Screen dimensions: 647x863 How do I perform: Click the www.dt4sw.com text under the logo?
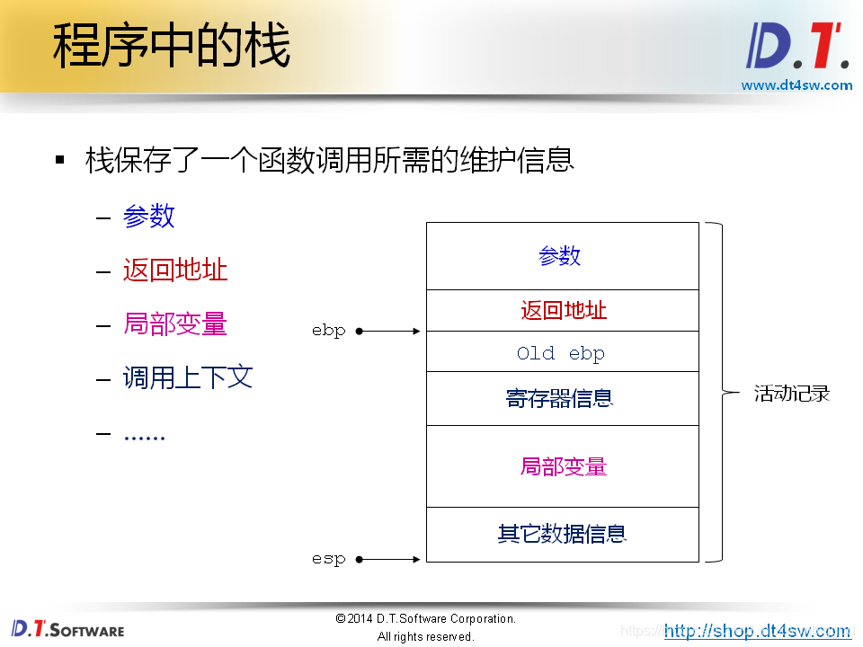coord(796,85)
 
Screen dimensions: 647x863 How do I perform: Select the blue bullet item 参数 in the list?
coord(148,217)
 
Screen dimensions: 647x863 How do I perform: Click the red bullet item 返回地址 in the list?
coord(175,270)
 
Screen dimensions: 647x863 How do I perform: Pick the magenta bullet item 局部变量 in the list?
coord(175,323)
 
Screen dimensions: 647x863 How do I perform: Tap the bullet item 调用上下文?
coord(188,377)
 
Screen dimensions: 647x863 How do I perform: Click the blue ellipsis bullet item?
coord(144,435)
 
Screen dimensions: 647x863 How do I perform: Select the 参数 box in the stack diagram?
coord(561,256)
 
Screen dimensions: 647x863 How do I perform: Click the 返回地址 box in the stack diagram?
coord(563,311)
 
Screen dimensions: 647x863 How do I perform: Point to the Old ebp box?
coord(561,352)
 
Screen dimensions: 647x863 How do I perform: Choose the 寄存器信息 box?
coord(561,398)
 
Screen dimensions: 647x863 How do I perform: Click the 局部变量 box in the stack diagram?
coord(563,466)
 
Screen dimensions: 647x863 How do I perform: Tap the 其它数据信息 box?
coord(562,534)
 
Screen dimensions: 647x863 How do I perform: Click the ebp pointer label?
coord(329,331)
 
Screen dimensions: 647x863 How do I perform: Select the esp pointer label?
coord(329,559)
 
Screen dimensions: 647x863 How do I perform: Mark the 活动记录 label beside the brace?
coord(791,394)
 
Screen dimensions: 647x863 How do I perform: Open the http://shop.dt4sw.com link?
coord(757,631)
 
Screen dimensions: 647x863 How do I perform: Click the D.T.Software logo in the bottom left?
coord(68,628)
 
